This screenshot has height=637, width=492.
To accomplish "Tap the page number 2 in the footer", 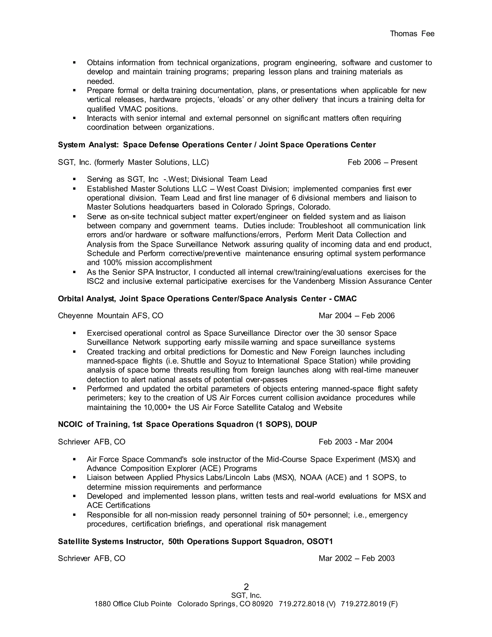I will (x=246, y=587).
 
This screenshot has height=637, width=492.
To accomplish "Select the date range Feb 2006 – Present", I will (x=382, y=162).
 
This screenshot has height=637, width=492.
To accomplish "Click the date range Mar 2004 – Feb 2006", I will (x=357, y=316).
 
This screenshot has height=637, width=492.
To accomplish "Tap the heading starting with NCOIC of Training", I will (x=187, y=424).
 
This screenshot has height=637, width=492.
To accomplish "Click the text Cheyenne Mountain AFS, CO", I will (x=111, y=316).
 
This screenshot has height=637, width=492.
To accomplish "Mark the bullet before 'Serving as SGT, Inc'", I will (x=74, y=179).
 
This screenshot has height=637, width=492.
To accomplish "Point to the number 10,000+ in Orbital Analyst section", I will (x=157, y=407).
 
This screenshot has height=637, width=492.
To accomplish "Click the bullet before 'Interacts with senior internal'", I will (x=74, y=118).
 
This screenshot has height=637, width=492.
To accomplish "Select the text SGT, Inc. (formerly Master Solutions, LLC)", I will (x=133, y=162).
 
